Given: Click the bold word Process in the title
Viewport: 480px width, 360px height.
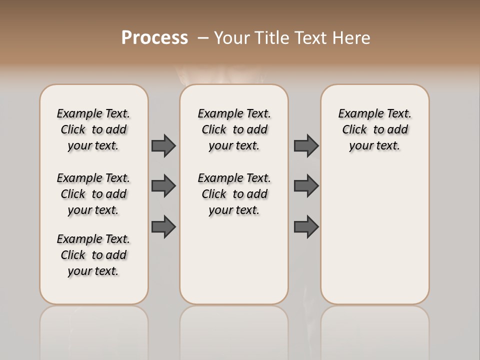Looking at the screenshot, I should coord(154,37).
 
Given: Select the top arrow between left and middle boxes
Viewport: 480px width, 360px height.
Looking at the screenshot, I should coord(163,145).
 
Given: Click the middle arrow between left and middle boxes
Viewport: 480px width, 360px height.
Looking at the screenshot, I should coord(163,186).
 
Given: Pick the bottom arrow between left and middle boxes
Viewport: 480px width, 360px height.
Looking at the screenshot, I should coord(163,226).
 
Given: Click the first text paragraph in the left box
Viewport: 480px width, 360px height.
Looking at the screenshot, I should coord(93,129).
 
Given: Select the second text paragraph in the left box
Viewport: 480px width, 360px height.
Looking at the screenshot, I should coord(93,194).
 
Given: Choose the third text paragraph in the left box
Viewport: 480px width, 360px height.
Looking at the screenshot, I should coord(93,255).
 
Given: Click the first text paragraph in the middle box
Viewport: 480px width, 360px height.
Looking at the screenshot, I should coord(234,129).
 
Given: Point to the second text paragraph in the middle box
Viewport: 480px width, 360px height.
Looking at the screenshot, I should coord(234,194).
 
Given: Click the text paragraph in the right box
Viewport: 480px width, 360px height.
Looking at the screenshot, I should coord(374,129).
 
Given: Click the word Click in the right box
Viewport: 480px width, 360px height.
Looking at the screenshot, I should coord(354,130).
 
